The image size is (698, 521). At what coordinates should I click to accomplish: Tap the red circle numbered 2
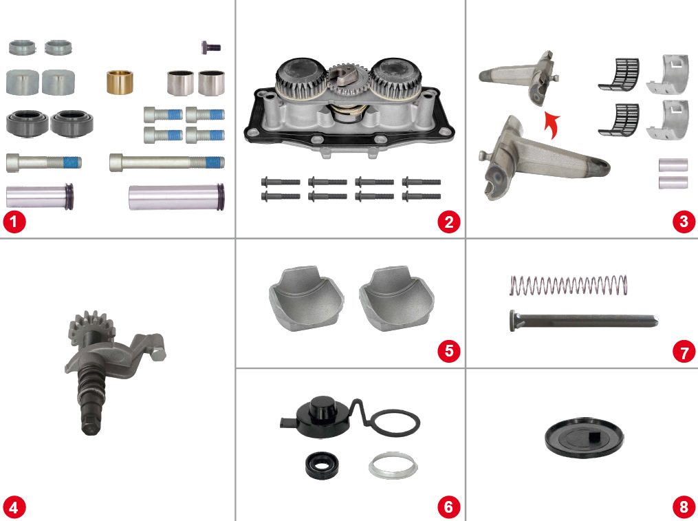(x=448, y=222)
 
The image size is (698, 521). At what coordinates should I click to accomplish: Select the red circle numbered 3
(x=684, y=222)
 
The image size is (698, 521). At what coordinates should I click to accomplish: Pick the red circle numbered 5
(x=448, y=350)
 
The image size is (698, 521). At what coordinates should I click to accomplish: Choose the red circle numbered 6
(x=448, y=507)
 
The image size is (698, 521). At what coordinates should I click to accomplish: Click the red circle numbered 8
(x=684, y=507)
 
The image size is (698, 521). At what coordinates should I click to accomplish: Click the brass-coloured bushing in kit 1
(x=119, y=83)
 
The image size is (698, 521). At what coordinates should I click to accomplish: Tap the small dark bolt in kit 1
(x=210, y=47)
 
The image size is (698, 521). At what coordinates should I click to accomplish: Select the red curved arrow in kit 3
(x=551, y=126)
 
